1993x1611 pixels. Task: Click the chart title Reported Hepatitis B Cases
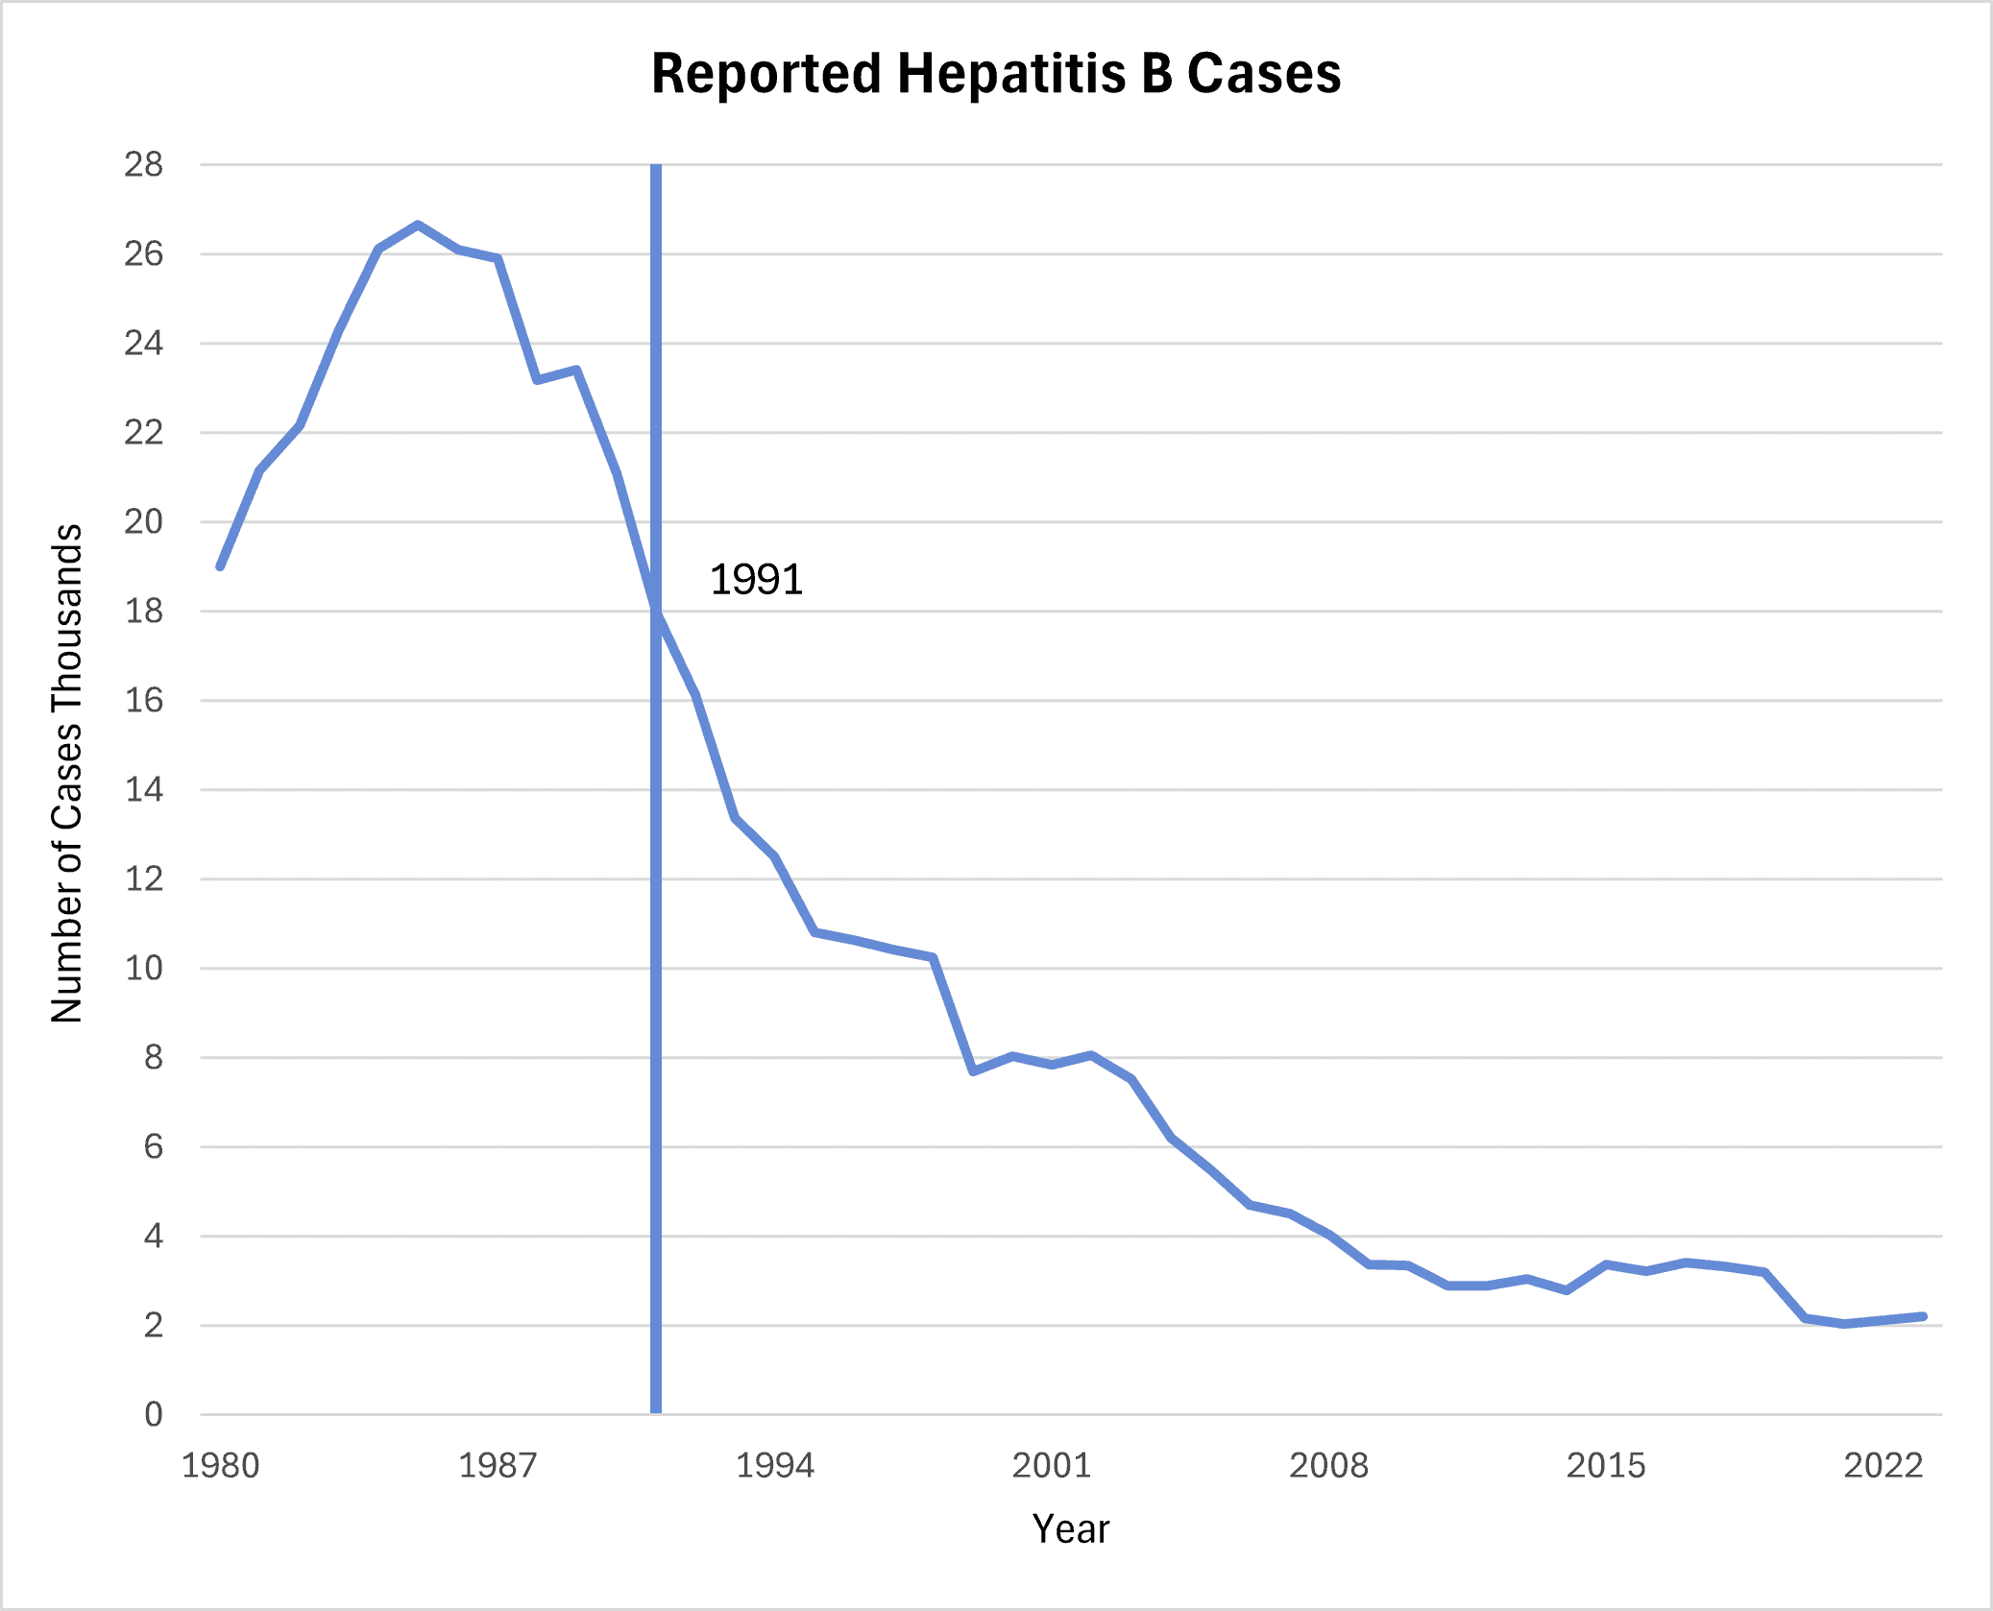[996, 74]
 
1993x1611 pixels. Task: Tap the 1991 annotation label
[756, 580]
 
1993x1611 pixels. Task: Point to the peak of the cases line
[418, 226]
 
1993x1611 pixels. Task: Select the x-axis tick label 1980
[220, 1465]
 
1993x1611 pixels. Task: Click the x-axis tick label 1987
[498, 1465]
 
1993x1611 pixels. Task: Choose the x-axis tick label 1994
[774, 1465]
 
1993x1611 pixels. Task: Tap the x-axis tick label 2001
[1052, 1465]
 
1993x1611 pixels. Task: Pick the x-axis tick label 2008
[1328, 1465]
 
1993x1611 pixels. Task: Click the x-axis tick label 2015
[1606, 1465]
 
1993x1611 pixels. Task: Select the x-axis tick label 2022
[1883, 1465]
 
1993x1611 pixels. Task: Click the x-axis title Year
[1070, 1529]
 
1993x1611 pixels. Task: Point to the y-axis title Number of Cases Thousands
[67, 773]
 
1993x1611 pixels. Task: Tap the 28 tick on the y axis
[144, 165]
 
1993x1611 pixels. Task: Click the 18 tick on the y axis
[144, 612]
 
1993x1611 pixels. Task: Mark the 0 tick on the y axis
[154, 1414]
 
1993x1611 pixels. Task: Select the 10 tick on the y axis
[144, 969]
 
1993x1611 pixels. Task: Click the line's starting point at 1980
[221, 566]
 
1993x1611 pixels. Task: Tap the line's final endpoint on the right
[1922, 1316]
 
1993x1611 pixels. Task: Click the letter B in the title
[1156, 74]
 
